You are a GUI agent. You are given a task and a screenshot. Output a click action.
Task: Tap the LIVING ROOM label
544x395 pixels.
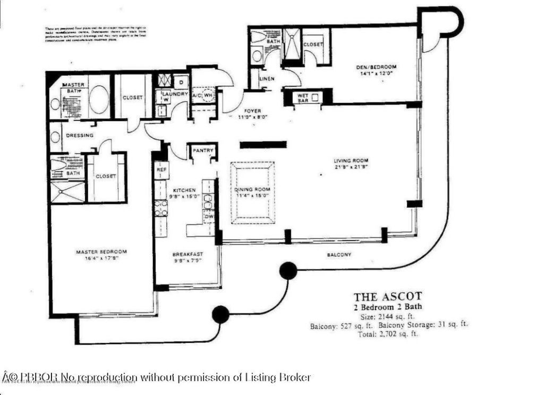(351, 160)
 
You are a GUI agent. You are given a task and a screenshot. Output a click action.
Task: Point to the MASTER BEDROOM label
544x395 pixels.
(101, 252)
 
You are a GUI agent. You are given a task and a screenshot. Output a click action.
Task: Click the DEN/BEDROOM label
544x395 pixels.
(376, 67)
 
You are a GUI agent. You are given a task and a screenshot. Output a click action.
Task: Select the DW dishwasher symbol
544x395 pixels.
(209, 217)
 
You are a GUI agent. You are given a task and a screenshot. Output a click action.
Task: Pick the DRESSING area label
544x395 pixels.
(80, 135)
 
